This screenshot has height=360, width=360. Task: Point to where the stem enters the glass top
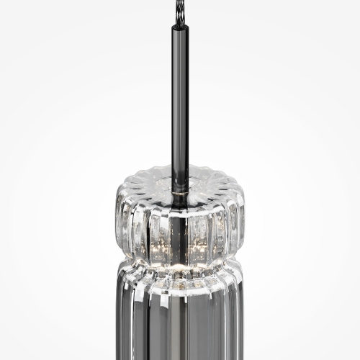coord(180,173)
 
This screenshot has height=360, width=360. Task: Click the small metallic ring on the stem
coord(180,189)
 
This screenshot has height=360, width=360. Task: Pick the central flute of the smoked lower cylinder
coord(180,324)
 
